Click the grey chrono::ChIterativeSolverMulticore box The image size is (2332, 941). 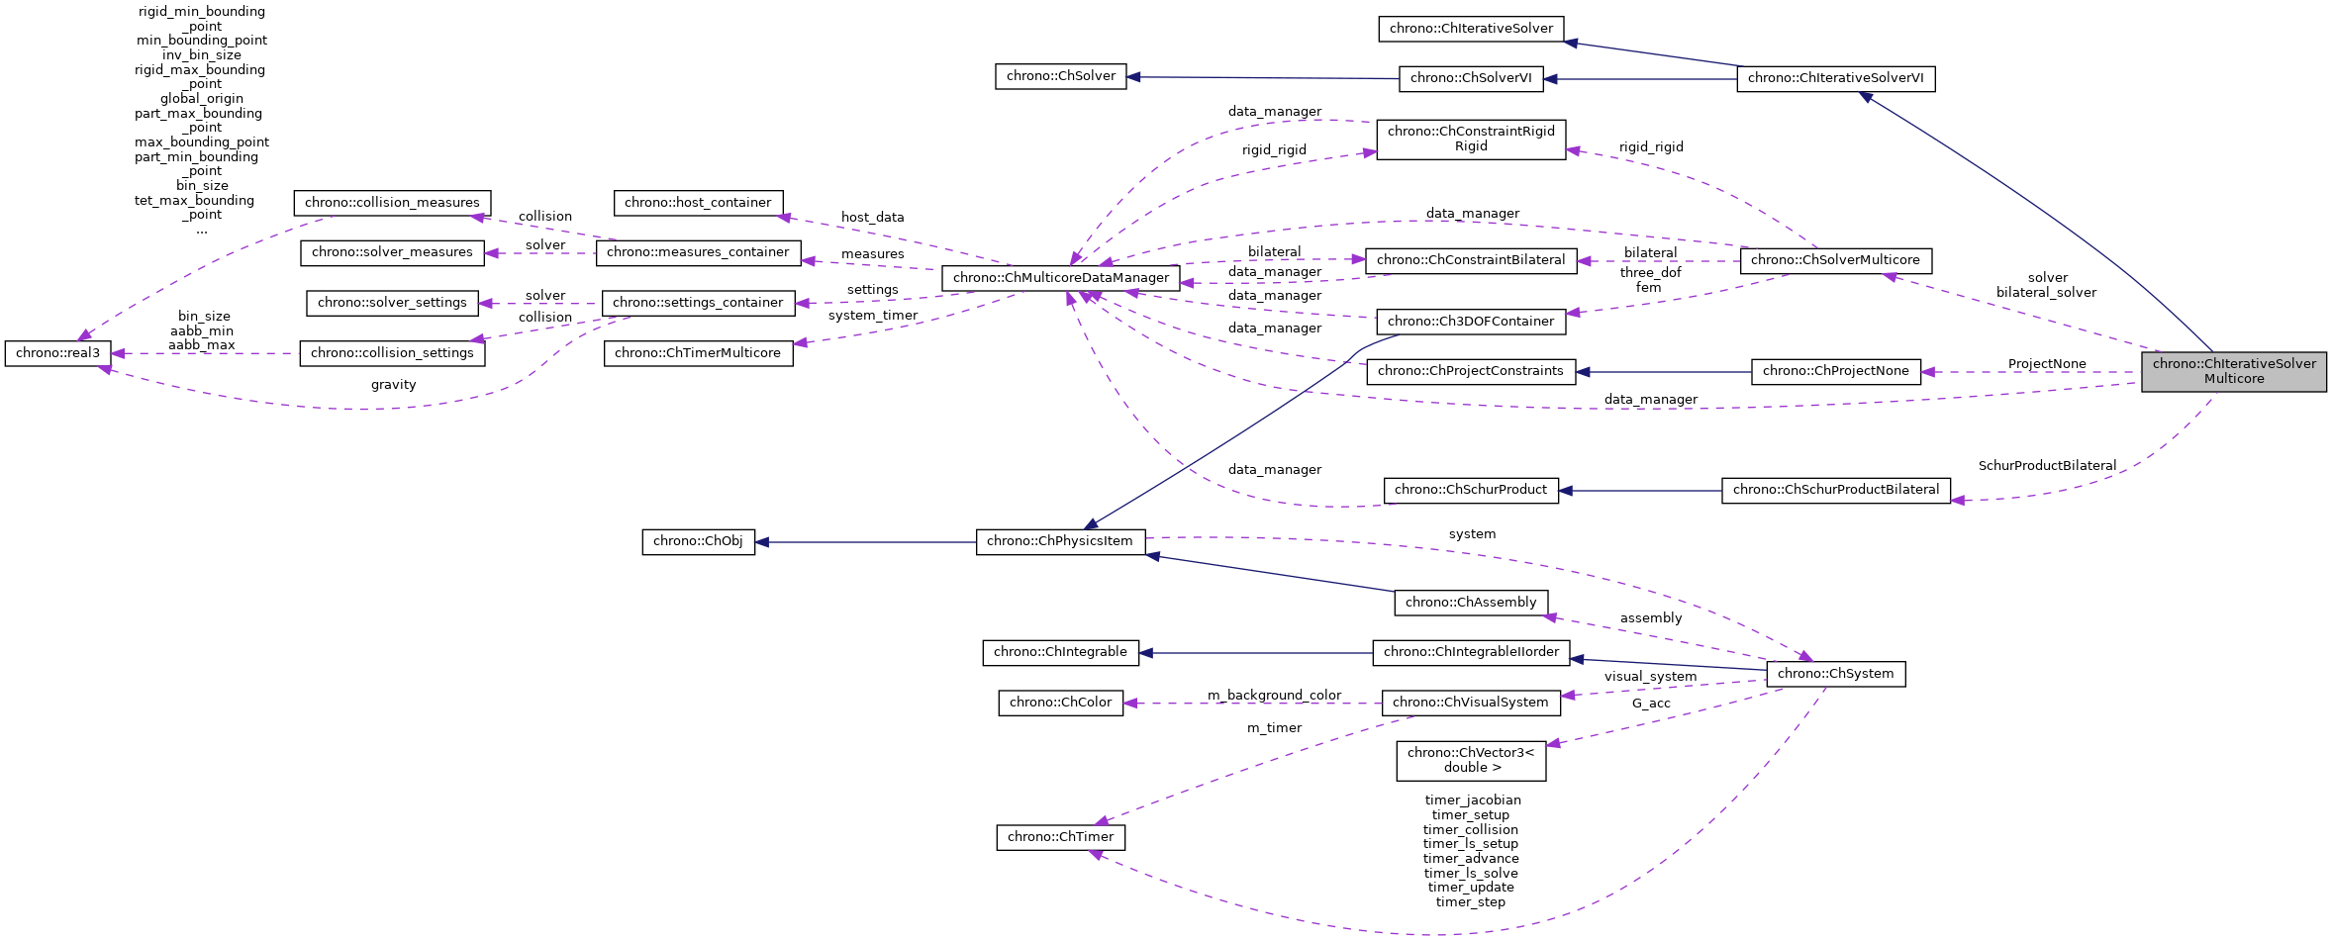point(2233,371)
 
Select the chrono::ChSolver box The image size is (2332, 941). point(1060,76)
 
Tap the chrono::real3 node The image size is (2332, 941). point(57,353)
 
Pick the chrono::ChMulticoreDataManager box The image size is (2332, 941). point(1060,278)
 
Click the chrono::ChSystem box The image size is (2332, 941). point(1835,674)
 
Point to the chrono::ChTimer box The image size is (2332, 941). point(1060,837)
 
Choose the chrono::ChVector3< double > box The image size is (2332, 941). point(1471,760)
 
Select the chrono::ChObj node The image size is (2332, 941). point(698,541)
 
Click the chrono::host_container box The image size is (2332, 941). point(698,203)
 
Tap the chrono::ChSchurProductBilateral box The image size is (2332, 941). point(1836,490)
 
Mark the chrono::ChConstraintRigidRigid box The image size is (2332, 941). point(1471,139)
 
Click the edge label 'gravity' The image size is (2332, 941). point(393,385)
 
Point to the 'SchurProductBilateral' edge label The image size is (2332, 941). point(2047,466)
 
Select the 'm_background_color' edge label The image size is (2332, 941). point(1274,696)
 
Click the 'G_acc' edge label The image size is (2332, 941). point(1651,704)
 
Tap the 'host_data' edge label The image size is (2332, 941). point(872,218)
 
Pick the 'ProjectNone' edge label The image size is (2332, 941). point(2047,364)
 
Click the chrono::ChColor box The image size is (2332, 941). point(1060,703)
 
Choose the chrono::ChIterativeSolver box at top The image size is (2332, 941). point(1471,29)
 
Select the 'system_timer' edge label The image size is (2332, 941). point(873,316)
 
